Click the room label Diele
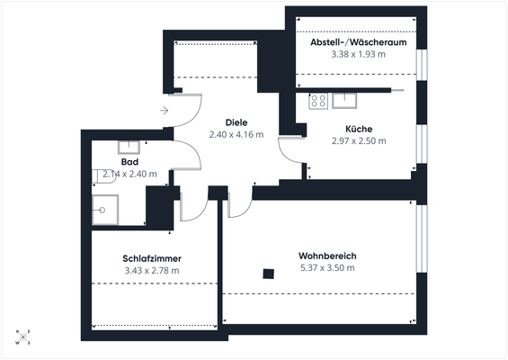[236, 122]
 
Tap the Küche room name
[358, 129]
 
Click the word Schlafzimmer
[151, 257]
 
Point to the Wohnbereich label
[327, 256]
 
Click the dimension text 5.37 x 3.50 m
[327, 267]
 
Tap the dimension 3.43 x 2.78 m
[151, 269]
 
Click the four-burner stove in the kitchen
[318, 101]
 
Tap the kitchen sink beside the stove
[345, 98]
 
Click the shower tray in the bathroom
[104, 209]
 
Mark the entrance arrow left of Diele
[164, 111]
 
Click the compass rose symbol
[22, 337]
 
